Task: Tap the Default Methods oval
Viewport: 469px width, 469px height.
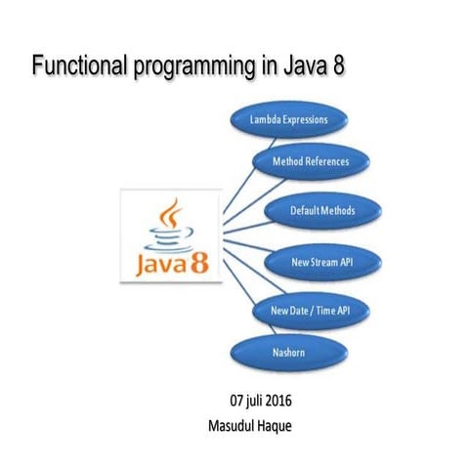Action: pos(321,210)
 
